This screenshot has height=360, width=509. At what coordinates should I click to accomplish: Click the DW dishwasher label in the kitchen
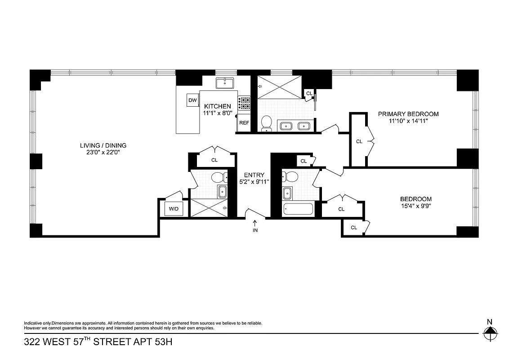coord(192,100)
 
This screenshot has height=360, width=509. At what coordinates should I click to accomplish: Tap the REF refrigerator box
coord(244,123)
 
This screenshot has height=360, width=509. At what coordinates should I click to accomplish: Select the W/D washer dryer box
coord(173,209)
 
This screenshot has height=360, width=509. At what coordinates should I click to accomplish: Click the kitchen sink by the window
coord(223,83)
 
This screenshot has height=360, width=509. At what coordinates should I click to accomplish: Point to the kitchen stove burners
coord(244,103)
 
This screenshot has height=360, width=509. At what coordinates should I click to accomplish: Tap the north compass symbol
coord(490,333)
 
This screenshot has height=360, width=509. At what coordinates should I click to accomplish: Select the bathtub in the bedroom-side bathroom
coord(298,209)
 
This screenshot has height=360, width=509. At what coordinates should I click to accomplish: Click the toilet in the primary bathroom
coord(266,123)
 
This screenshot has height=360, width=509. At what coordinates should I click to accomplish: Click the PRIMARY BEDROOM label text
coord(408,114)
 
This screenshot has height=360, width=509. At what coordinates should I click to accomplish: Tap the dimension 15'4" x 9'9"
coord(416,207)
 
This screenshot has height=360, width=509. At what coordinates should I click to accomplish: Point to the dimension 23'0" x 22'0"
coord(103,153)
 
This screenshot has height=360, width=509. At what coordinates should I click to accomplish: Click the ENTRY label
coord(254,175)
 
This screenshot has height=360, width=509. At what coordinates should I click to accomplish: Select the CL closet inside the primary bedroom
coord(359,141)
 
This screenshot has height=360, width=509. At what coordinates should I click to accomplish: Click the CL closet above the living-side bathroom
coord(214,160)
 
